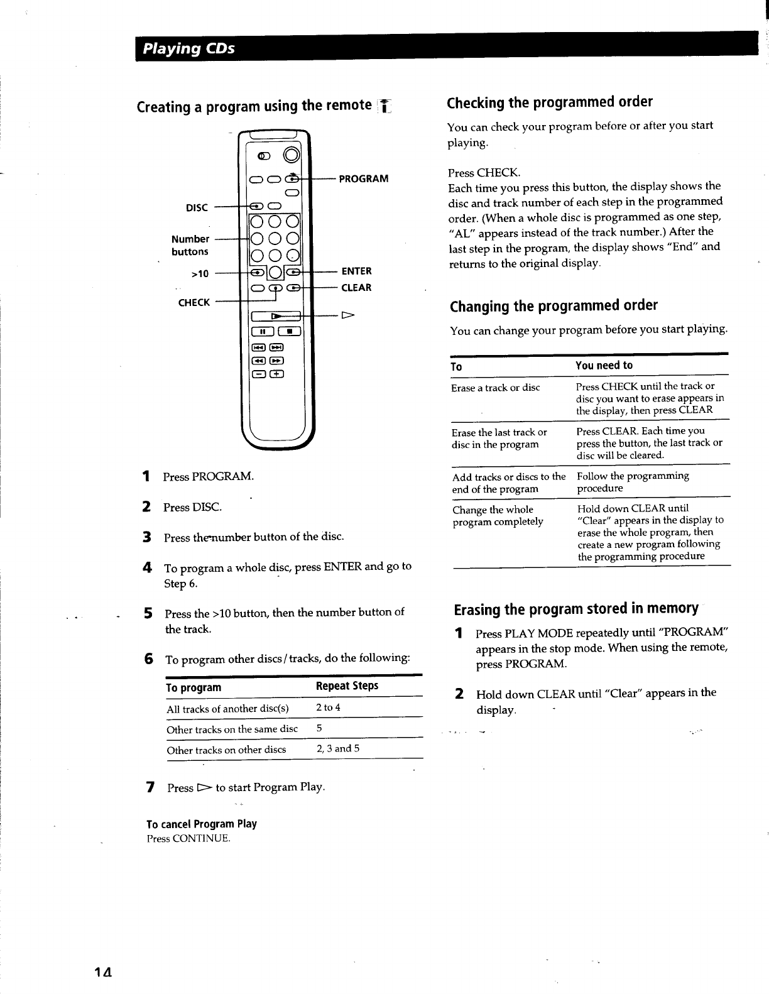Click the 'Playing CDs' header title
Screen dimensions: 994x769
point(188,48)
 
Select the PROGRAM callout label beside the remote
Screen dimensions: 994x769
point(363,178)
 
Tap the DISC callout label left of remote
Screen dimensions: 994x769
point(197,207)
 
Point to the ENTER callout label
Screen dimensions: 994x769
point(356,271)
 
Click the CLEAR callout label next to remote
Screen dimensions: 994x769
point(356,288)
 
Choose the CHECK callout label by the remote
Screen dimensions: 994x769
point(194,302)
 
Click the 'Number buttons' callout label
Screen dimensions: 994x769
point(190,245)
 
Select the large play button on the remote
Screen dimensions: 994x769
point(276,316)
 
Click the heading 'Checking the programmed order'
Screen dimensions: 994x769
point(550,102)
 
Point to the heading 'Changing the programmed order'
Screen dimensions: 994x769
point(554,306)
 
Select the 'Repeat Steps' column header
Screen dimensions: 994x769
point(347,685)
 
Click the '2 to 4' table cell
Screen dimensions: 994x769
point(328,707)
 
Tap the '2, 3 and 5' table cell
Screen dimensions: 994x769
point(338,748)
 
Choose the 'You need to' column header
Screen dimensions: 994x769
point(604,366)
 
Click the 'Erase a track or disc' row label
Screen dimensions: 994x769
point(495,388)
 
